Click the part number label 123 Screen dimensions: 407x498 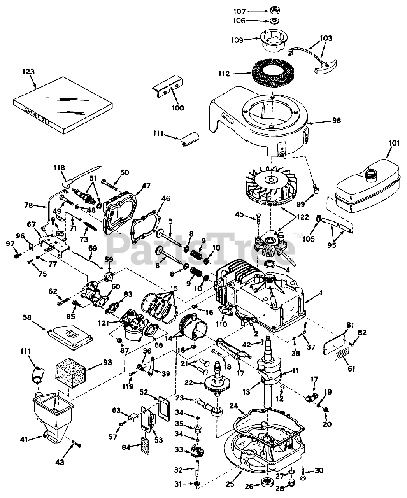pyautogui.click(x=28, y=72)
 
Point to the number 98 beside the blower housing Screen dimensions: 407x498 pyautogui.click(x=336, y=121)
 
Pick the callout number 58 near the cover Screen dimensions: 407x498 pyautogui.click(x=27, y=317)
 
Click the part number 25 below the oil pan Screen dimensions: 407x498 pyautogui.click(x=230, y=484)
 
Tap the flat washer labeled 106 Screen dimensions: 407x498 pyautogui.click(x=275, y=21)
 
